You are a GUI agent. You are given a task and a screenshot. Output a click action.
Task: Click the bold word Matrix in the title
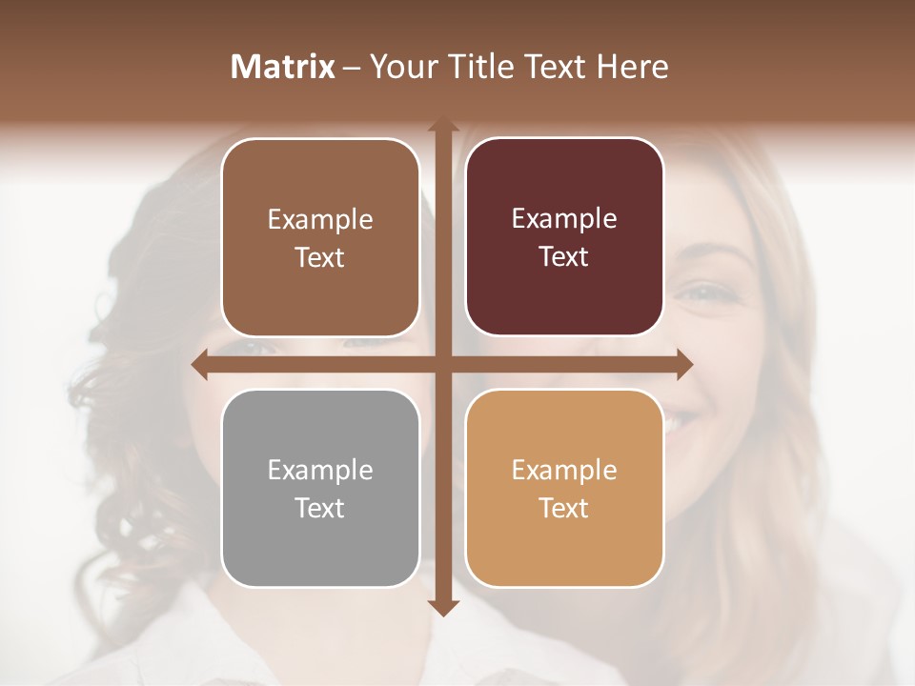(283, 67)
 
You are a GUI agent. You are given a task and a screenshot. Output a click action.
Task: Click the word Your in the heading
(400, 67)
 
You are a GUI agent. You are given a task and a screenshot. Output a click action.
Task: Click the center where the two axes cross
(442, 365)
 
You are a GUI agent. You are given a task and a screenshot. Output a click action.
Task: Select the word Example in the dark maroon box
(564, 219)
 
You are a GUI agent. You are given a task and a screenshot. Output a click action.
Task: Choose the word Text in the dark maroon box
(564, 257)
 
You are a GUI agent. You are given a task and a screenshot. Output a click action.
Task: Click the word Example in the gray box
(320, 471)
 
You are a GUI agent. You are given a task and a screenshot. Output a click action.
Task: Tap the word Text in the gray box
(320, 509)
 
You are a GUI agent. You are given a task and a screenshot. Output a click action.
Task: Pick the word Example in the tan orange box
(564, 471)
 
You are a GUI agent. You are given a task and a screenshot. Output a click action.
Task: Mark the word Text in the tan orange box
(564, 509)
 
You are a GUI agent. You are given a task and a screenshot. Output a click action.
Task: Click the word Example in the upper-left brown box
(320, 220)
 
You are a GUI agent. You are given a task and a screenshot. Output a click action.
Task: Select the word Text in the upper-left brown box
(320, 258)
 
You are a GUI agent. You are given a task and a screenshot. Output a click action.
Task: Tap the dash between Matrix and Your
(352, 68)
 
